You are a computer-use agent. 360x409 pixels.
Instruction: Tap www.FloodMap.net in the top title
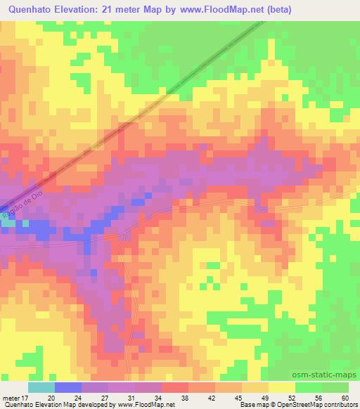click(x=215, y=10)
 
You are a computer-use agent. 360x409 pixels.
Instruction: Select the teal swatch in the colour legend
click(x=41, y=387)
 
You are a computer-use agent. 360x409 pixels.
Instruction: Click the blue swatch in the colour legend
click(x=67, y=387)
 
